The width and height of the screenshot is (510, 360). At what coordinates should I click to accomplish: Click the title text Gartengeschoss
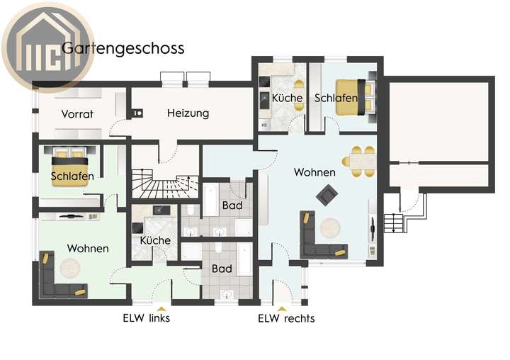(123, 48)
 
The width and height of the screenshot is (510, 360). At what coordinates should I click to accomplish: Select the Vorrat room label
(77, 113)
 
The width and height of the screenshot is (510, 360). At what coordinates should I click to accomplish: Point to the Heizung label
(188, 113)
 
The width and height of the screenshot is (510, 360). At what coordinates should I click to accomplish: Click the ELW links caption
(146, 317)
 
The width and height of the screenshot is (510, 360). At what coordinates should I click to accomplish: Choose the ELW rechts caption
(286, 318)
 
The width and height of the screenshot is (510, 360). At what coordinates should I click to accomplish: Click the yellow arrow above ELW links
(161, 308)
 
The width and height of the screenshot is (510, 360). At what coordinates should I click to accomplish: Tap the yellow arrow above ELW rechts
(282, 308)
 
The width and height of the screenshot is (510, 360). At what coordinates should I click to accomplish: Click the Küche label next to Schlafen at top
(287, 98)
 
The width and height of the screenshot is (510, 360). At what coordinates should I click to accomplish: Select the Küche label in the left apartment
(155, 240)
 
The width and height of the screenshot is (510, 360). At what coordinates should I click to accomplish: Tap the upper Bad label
(232, 206)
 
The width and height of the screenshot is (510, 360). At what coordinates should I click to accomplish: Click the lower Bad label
(222, 269)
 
